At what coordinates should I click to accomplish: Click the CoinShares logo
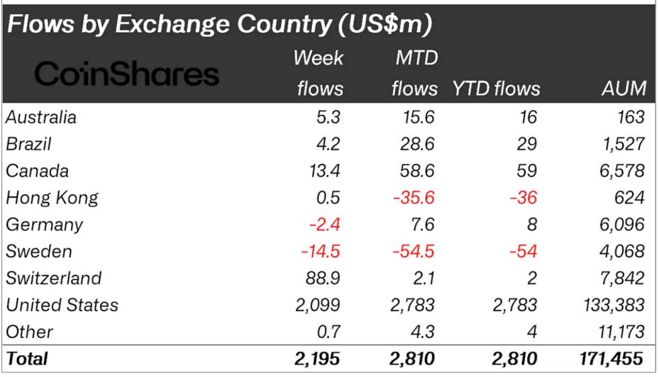coord(126,73)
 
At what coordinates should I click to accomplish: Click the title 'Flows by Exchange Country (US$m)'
coord(219,24)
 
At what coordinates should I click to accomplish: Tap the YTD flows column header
coord(496,88)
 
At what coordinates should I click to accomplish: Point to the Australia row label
coord(41,117)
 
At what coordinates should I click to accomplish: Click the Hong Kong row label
coord(52,198)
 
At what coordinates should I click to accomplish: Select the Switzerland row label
coord(54,278)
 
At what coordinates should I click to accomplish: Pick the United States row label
coord(62,305)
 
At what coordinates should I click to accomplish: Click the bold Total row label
coord(27,359)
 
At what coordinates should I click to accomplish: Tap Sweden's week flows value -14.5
coord(320,251)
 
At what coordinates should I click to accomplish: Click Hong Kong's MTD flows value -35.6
coord(413,198)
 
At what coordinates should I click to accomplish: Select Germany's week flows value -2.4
coord(325,224)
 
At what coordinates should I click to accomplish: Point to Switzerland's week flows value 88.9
coord(323,278)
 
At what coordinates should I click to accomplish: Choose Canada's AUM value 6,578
coord(623,171)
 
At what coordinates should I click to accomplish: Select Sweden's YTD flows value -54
coord(522,251)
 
